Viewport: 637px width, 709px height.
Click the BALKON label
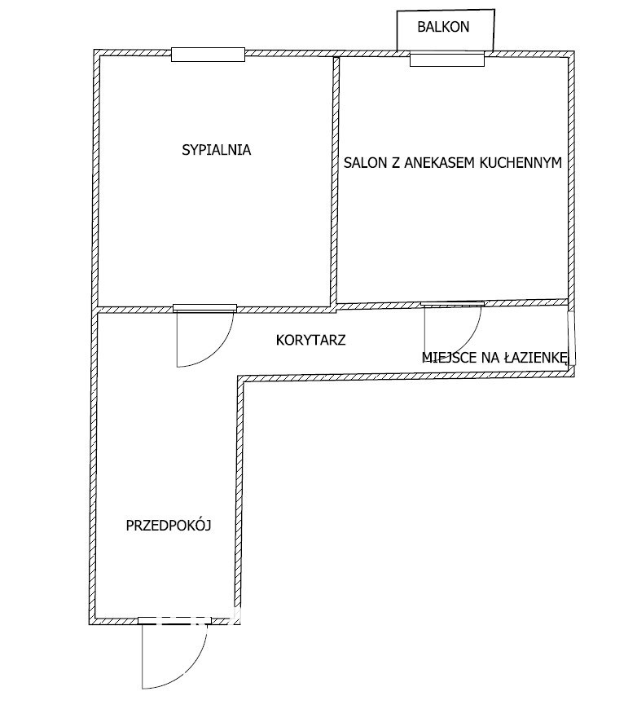coord(443,27)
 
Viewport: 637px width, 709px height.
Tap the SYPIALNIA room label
coord(216,150)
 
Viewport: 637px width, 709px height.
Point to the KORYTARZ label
coord(310,340)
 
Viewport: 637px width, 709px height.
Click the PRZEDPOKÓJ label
coord(169,526)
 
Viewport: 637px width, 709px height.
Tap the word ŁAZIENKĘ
coord(535,358)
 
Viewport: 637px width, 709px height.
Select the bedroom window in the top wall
coord(208,55)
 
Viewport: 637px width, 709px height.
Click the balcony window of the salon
coord(447,59)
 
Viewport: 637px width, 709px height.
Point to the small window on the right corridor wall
coord(572,337)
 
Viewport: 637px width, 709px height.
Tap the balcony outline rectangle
coord(446,30)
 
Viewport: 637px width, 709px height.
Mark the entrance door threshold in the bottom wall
coord(174,620)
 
